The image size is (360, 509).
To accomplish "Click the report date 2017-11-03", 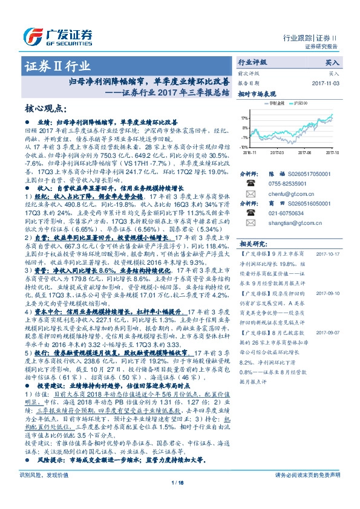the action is [x=326, y=83].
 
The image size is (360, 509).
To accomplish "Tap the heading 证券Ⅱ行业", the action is [x=59, y=66].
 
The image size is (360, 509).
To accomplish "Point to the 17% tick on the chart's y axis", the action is [x=243, y=118].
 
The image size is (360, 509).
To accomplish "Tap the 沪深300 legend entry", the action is [x=300, y=104].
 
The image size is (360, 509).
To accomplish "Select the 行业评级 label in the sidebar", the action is [x=251, y=62].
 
